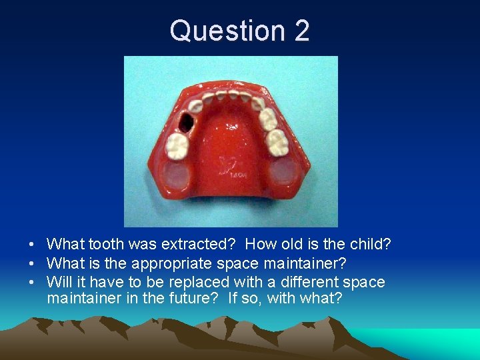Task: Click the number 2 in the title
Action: (300, 31)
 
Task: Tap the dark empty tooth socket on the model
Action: (187, 121)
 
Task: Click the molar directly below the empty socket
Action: (178, 145)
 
